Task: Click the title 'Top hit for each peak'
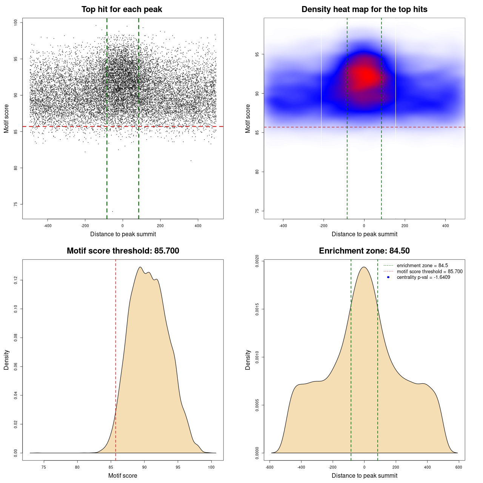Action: pos(122,9)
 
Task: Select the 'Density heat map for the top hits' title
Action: pos(364,9)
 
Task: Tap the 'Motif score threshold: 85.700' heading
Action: pos(123,251)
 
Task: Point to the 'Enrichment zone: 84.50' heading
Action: pos(364,251)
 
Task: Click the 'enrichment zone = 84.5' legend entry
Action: pos(422,266)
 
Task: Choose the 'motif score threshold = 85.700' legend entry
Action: pos(429,272)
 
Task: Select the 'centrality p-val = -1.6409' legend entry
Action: pos(423,277)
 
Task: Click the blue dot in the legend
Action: pos(388,277)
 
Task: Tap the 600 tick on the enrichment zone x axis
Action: pos(458,467)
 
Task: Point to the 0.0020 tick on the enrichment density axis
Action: pos(257,261)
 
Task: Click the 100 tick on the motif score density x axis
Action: pos(211,467)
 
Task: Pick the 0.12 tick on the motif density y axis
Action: pos(16,280)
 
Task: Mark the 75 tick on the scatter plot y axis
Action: pos(16,204)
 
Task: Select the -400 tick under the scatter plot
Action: pos(48,226)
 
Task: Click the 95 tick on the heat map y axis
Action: pos(257,54)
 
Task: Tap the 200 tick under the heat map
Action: pos(405,226)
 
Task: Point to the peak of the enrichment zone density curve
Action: pos(364,267)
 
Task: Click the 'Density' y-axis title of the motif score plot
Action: pos(6,360)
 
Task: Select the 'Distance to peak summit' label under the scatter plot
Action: pos(123,234)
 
